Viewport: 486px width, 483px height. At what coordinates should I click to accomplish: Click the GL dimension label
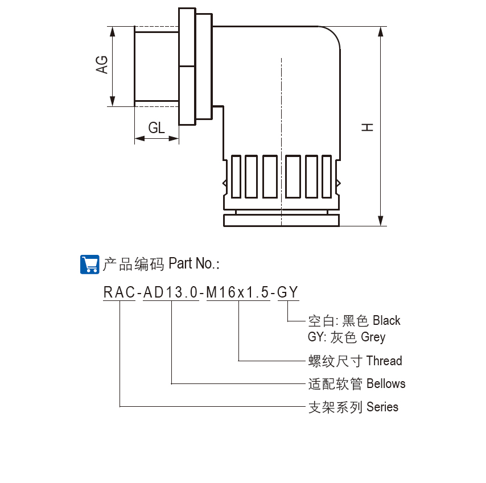[x=156, y=128]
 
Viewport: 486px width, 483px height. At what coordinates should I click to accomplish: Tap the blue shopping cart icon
[x=90, y=264]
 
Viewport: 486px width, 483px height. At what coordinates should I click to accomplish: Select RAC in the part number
[x=119, y=292]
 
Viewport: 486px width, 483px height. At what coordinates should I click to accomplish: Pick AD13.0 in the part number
[x=170, y=292]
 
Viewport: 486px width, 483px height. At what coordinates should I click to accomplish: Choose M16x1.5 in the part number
[x=238, y=292]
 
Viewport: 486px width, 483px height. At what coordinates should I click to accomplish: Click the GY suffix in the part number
[x=288, y=292]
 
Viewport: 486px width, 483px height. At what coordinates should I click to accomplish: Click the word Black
[x=386, y=321]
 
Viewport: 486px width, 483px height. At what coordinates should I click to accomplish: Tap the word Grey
[x=373, y=337]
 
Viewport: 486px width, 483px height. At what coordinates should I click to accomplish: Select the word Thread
[x=384, y=361]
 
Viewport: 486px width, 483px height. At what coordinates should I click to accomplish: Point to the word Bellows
[x=386, y=383]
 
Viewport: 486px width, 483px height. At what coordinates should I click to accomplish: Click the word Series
[x=382, y=407]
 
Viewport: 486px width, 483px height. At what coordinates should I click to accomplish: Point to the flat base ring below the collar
[x=281, y=220]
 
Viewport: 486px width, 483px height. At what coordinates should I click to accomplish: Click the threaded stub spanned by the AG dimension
[x=156, y=66]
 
